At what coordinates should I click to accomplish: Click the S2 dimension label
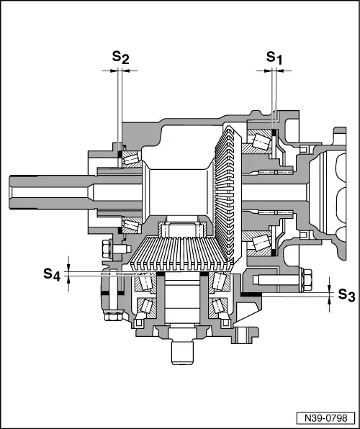pyautogui.click(x=121, y=57)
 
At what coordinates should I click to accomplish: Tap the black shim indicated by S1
pyautogui.click(x=274, y=133)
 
